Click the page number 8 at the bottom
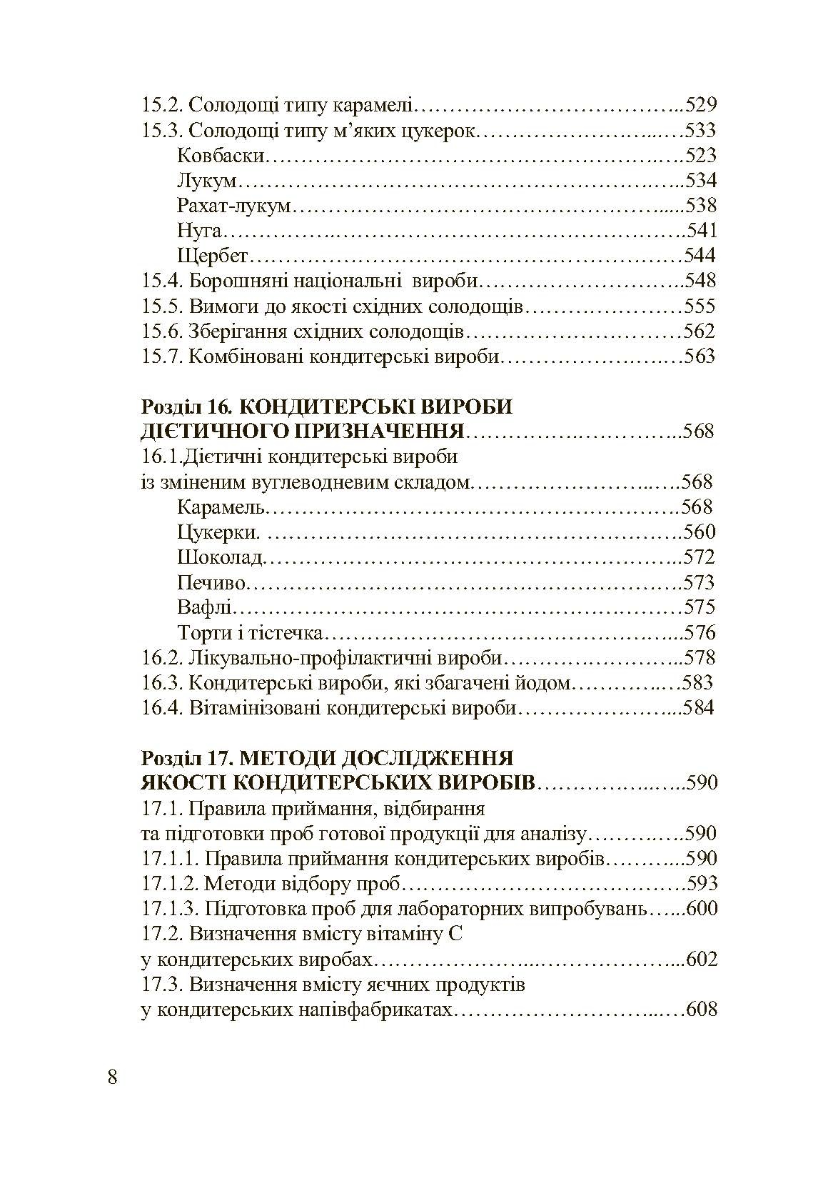pos(112,1077)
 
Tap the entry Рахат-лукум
pos(234,206)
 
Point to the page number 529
pos(700,106)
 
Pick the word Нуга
pos(200,231)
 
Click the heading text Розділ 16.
pos(184,407)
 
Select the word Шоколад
pos(221,558)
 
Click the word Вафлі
pos(205,608)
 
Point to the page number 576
pos(700,633)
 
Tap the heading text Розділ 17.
pos(184,757)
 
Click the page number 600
pos(701,910)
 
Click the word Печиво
pos(211,583)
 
